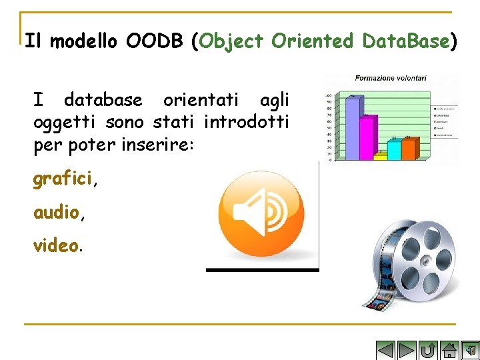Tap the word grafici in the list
(63, 179)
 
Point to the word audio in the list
(56, 213)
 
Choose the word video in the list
(56, 245)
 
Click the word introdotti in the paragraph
(246, 123)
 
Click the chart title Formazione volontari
(390, 78)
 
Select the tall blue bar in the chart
(353, 129)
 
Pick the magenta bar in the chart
(367, 138)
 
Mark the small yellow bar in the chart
(380, 157)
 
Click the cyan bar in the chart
(394, 150)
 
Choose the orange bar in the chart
(409, 149)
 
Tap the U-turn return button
(428, 351)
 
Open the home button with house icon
(449, 351)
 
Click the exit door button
(470, 351)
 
